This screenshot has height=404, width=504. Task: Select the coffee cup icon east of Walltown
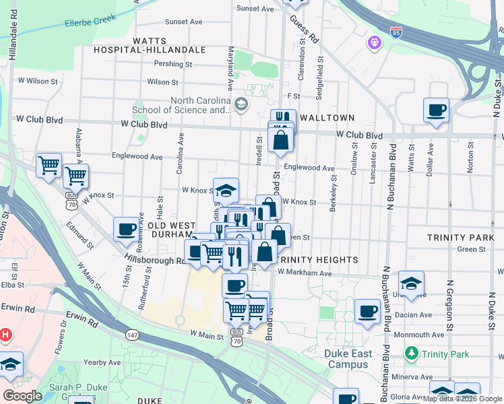tap(436, 109)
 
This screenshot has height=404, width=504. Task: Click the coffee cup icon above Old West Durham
tap(126, 229)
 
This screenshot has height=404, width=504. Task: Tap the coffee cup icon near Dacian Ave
tap(367, 312)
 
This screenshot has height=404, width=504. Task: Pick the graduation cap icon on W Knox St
tap(226, 190)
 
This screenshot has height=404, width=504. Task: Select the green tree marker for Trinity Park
tap(410, 353)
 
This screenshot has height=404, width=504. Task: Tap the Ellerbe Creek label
tap(92, 22)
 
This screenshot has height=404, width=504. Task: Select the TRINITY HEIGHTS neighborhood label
tap(316, 259)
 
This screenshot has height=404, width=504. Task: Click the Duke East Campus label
tap(348, 359)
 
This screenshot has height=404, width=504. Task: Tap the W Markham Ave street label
tap(305, 273)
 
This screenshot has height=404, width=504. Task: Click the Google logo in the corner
tap(23, 396)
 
